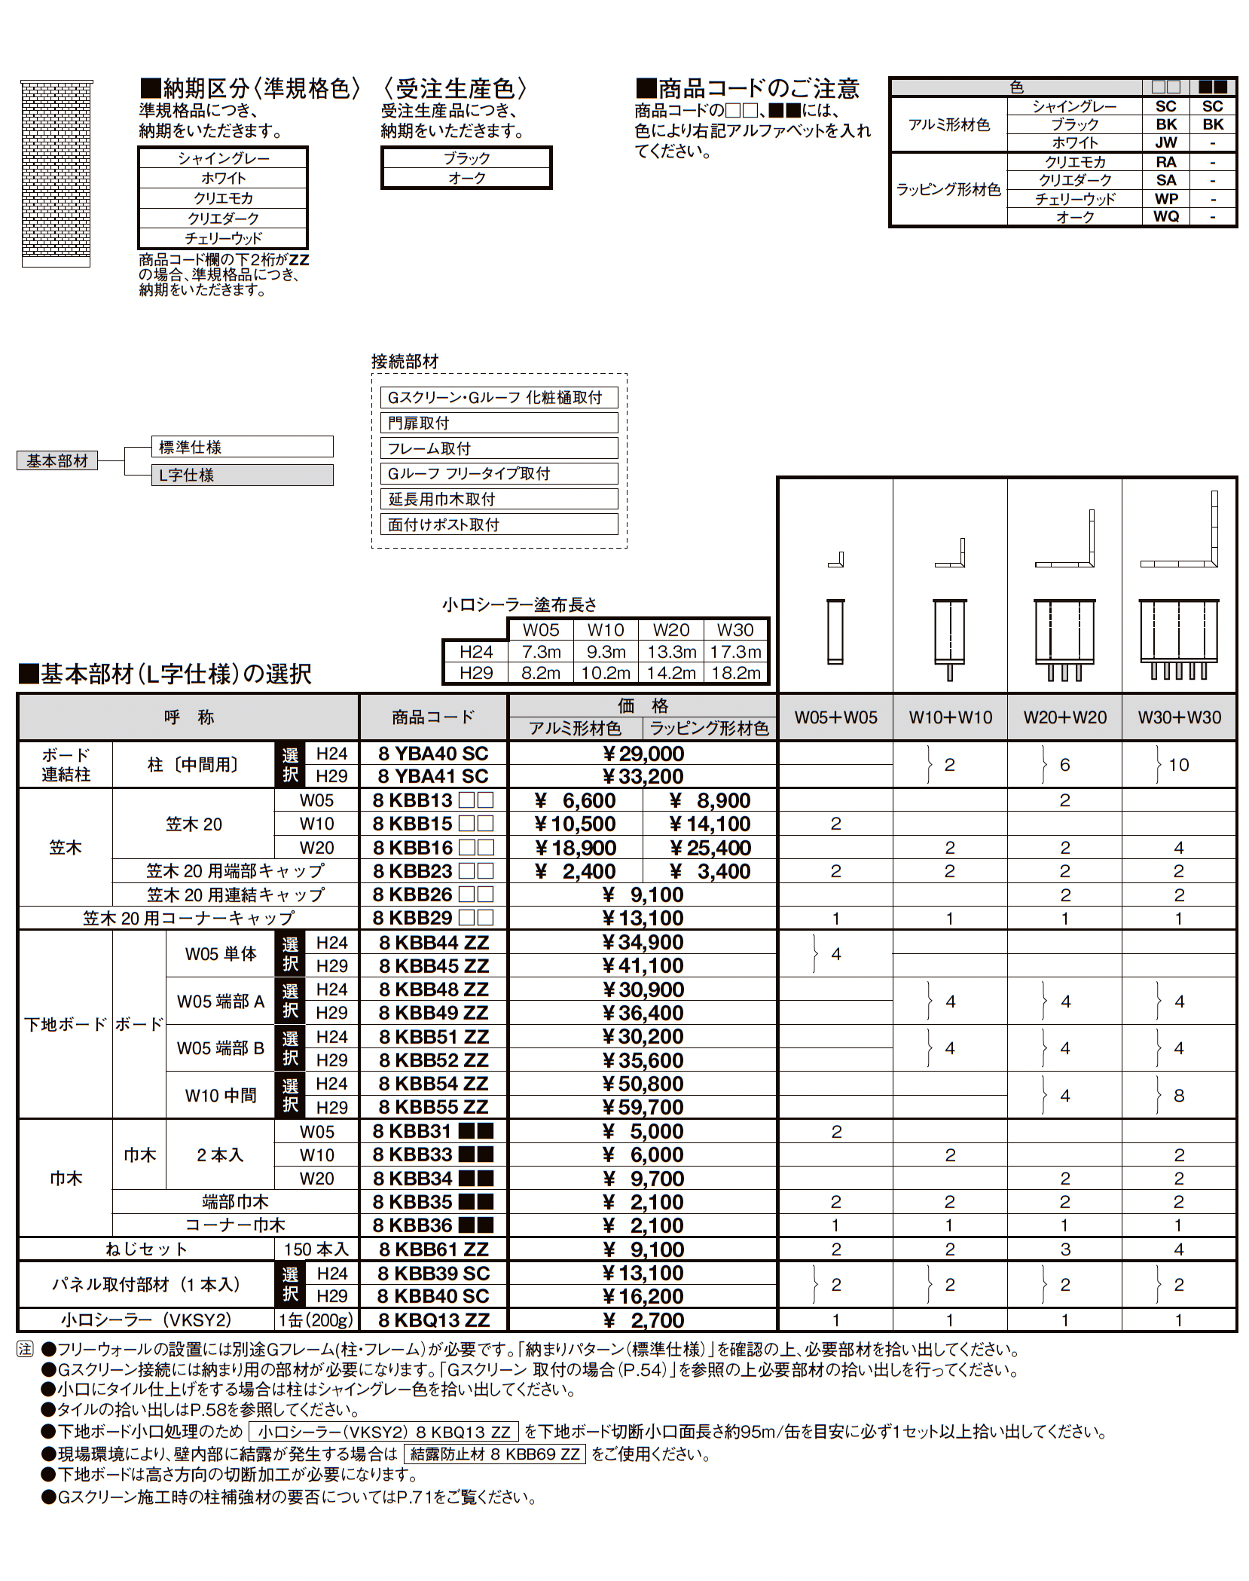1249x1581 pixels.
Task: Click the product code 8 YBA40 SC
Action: tap(433, 754)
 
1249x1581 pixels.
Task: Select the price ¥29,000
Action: tap(643, 754)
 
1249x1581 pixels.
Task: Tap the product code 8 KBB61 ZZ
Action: tap(433, 1249)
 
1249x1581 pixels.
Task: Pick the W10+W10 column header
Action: tap(950, 717)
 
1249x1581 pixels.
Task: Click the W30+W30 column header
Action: tap(1179, 717)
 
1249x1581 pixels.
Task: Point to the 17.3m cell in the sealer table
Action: tap(735, 652)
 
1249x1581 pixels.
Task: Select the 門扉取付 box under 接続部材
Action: tap(499, 423)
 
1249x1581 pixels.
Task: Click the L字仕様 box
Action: tap(242, 475)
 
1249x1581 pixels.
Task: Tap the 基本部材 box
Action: tap(57, 460)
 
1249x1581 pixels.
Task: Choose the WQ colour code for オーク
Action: tap(1166, 217)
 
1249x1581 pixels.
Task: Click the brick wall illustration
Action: tap(56, 173)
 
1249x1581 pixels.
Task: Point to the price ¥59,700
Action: tap(643, 1107)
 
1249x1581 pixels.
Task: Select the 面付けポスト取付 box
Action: tap(499, 524)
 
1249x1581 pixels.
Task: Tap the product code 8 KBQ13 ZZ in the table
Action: tap(433, 1320)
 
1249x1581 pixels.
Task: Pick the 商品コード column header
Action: tap(433, 717)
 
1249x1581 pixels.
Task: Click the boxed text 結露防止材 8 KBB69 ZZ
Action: tap(494, 1454)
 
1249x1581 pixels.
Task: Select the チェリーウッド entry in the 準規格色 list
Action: tap(223, 238)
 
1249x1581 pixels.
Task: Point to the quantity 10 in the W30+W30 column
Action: tap(1179, 765)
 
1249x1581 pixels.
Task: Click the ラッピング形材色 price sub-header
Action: tap(709, 728)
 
